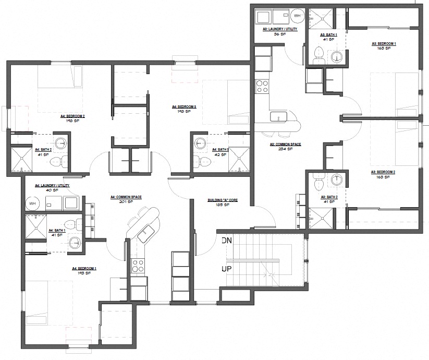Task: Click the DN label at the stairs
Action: tap(226, 241)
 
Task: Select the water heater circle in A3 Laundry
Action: tap(298, 17)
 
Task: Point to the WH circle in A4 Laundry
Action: tap(32, 203)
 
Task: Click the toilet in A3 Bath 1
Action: tap(319, 53)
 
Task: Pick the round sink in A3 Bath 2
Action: tap(337, 180)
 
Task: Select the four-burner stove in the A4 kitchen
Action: tap(137, 265)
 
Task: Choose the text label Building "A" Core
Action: tap(223, 200)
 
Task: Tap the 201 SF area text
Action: tap(123, 201)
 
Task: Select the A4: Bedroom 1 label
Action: tap(84, 269)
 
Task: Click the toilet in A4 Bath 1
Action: tap(76, 224)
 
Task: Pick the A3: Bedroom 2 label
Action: tap(383, 172)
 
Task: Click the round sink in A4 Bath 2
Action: tap(62, 142)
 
